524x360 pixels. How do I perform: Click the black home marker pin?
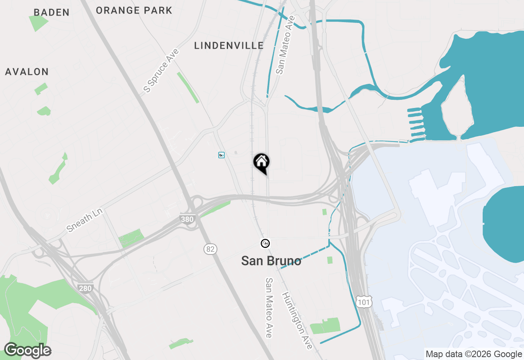[x=262, y=163]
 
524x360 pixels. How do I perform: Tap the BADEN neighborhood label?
[x=52, y=12]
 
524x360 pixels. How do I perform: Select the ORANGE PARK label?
[x=134, y=10]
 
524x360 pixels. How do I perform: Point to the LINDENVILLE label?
[x=229, y=45]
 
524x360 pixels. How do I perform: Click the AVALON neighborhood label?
[x=27, y=72]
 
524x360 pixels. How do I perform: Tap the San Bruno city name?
[x=271, y=261]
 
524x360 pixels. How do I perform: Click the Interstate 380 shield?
[x=187, y=219]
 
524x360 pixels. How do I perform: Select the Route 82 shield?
[x=210, y=249]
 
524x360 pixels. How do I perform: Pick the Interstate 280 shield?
[x=85, y=288]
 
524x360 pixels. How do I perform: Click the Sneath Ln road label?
[x=85, y=220]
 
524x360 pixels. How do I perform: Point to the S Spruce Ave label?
[x=161, y=70]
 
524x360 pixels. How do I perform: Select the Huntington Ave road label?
[x=297, y=321]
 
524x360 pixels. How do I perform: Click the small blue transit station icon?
[x=221, y=155]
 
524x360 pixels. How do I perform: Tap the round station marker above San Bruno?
[x=265, y=244]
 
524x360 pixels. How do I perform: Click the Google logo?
[x=27, y=351]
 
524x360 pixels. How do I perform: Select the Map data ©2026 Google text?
[x=474, y=354]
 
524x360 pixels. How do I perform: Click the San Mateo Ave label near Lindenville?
[x=285, y=45]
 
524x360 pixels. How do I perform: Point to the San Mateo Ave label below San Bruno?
[x=269, y=308]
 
